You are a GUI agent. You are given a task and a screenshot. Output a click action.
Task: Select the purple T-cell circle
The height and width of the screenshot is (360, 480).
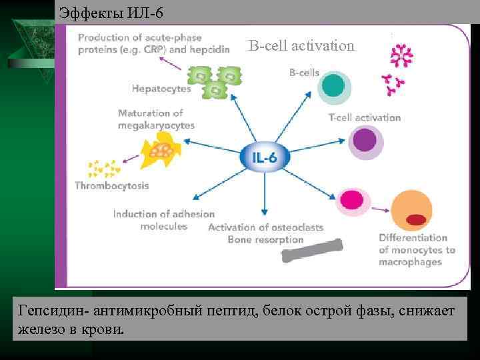[x=365, y=141]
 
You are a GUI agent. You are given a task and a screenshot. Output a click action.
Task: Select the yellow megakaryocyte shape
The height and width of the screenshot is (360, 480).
[x=162, y=150]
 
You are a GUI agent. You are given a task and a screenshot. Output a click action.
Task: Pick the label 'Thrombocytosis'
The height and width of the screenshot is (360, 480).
[x=112, y=185]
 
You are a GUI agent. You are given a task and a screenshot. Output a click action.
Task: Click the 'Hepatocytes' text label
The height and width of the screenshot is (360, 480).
[x=161, y=88]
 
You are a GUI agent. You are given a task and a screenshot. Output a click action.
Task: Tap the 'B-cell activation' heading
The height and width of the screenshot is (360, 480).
[x=302, y=46]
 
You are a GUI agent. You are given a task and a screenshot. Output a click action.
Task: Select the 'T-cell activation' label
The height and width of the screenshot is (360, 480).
[x=365, y=117]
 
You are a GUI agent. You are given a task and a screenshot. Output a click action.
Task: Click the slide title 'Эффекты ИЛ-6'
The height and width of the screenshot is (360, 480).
[x=111, y=13]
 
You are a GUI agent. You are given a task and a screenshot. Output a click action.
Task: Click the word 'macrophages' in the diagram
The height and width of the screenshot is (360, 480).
[x=410, y=262]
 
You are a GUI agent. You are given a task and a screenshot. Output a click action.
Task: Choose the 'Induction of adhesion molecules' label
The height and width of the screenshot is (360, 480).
[x=164, y=220]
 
